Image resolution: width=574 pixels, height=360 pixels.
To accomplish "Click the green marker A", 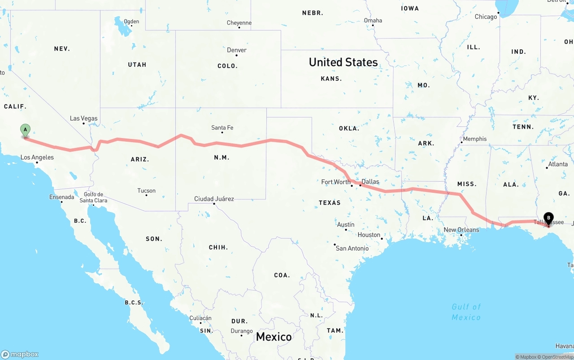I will point(26,130).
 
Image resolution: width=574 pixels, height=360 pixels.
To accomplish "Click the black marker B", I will point(548,218).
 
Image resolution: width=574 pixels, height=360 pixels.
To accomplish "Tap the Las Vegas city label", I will point(83,119).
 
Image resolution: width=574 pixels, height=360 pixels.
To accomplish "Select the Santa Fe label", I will point(222,128).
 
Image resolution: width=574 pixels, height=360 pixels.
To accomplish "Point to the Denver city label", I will point(237,50).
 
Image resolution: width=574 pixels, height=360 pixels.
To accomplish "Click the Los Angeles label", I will point(37,157).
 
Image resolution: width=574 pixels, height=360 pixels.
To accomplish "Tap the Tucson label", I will point(147,191).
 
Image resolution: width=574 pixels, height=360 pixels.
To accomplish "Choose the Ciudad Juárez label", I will point(214,199).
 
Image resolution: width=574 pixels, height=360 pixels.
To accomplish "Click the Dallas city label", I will point(370,182).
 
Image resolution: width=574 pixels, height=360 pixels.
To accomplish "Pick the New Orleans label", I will point(461,230).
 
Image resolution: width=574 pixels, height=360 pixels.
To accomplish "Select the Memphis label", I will point(474,139).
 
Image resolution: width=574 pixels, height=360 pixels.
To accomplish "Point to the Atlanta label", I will point(558,164).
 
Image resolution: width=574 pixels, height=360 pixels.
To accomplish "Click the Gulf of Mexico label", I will point(466,312).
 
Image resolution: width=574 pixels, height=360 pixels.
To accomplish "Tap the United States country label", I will point(343,62).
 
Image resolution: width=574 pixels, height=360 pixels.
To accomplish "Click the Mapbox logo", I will point(20,354).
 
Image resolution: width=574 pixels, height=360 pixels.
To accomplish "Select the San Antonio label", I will point(352,248).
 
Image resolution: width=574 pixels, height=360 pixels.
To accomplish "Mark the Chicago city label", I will point(486,17).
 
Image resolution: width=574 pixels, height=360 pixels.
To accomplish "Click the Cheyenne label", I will point(239,23).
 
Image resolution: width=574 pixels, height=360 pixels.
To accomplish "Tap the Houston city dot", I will point(382,239).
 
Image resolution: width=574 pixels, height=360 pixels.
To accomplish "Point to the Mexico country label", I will point(274,337).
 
